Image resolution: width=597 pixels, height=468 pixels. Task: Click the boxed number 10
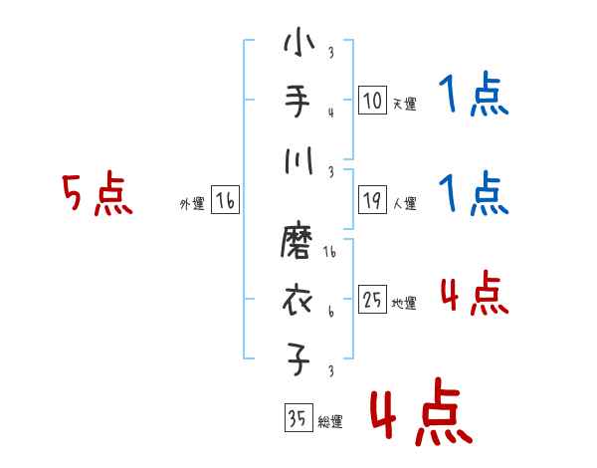click(x=372, y=101)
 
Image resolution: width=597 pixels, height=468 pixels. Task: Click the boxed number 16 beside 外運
click(x=225, y=202)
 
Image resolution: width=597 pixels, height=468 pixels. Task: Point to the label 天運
click(x=404, y=104)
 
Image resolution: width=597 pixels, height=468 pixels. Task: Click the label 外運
click(x=192, y=204)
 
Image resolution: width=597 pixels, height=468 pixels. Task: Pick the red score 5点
click(x=97, y=194)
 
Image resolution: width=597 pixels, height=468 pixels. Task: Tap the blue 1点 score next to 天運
click(x=472, y=98)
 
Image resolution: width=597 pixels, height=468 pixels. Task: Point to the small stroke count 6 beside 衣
click(x=330, y=311)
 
